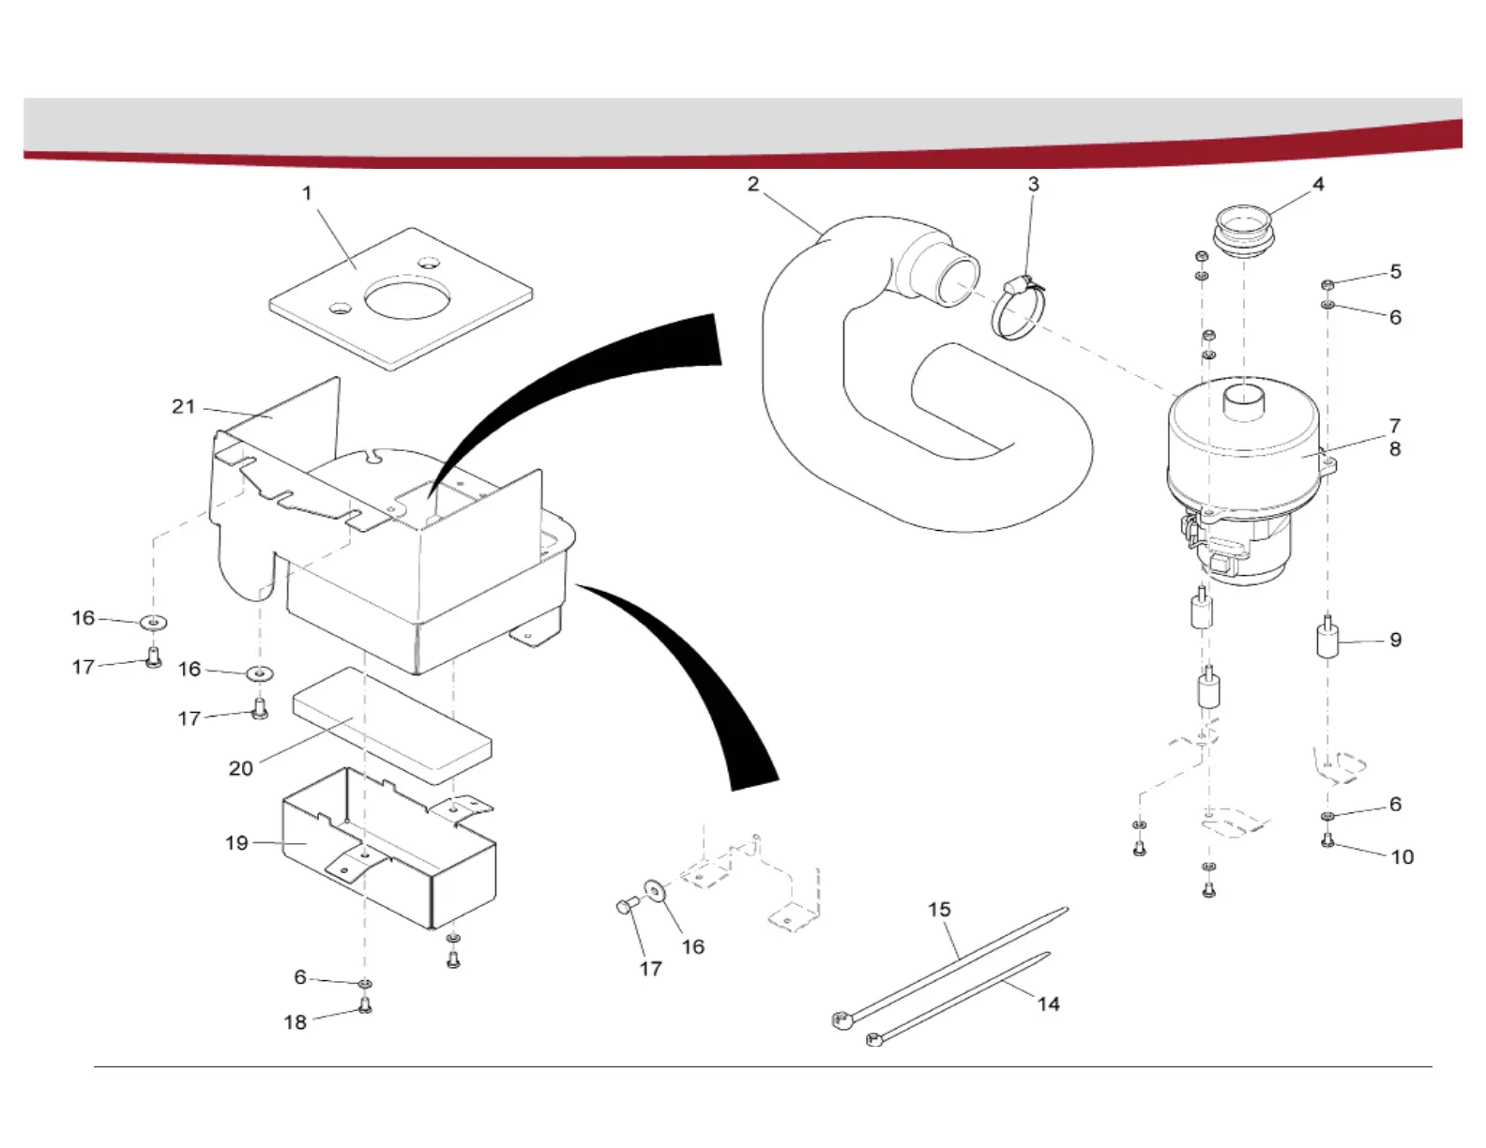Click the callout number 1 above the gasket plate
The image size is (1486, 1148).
pos(307,193)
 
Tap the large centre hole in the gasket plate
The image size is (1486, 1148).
pos(408,298)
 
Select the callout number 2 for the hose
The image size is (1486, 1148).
pos(753,184)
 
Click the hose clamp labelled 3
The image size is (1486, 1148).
pos(1015,313)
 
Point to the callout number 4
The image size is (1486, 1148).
pos(1318,184)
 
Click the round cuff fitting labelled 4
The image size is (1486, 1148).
pos(1244,231)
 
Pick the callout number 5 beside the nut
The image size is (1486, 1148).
pos(1396,271)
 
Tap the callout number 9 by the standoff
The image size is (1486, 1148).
pos(1396,640)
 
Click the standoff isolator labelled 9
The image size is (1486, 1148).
pos(1327,640)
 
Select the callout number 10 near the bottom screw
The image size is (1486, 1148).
pos(1402,856)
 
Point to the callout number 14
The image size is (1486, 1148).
pos(1048,1004)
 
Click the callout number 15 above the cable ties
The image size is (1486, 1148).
pos(939,909)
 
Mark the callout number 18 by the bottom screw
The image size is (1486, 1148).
pos(295,1021)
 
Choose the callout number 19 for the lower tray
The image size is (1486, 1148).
pos(236,842)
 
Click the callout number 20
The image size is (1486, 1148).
pos(241,768)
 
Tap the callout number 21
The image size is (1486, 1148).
pos(183,406)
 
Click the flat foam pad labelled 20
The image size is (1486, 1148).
pos(392,724)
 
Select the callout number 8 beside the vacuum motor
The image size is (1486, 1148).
pos(1395,449)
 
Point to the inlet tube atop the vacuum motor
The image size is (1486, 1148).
pos(1244,403)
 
